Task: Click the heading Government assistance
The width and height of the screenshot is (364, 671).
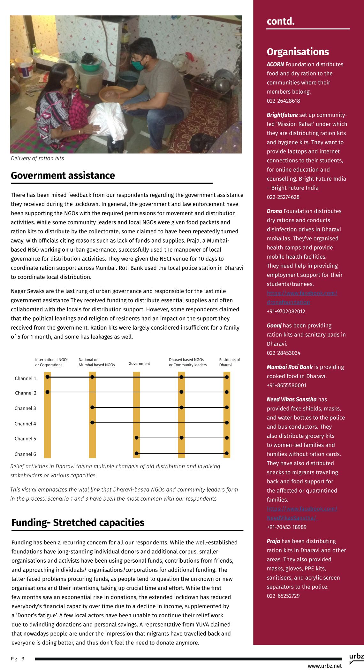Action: tap(63, 176)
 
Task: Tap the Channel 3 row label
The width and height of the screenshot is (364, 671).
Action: tap(25, 408)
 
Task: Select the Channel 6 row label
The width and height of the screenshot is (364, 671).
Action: tap(25, 454)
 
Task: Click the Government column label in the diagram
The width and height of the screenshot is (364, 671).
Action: tap(139, 363)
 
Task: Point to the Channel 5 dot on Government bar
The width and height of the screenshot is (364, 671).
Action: tap(136, 438)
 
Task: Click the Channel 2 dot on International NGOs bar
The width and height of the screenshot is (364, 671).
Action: tap(48, 392)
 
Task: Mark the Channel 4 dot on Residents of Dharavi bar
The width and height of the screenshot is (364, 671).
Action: tap(227, 423)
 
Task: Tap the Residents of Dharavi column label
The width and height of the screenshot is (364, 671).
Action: tap(229, 362)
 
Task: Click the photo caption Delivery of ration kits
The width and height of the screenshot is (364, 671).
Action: tap(37, 159)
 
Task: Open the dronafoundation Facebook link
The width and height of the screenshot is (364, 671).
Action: tap(302, 298)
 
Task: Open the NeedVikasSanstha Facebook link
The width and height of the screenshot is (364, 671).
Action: tap(302, 513)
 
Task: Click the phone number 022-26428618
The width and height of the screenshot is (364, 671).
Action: tap(283, 101)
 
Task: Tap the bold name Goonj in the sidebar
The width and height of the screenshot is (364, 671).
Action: tap(274, 325)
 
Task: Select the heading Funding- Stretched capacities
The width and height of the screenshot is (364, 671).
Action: tap(78, 523)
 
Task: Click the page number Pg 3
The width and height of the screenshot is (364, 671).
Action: tap(18, 659)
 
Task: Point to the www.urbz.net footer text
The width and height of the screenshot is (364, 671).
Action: tap(324, 666)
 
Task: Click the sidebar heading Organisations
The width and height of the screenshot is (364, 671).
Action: tap(298, 52)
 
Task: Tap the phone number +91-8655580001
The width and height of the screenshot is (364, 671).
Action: tap(286, 386)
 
